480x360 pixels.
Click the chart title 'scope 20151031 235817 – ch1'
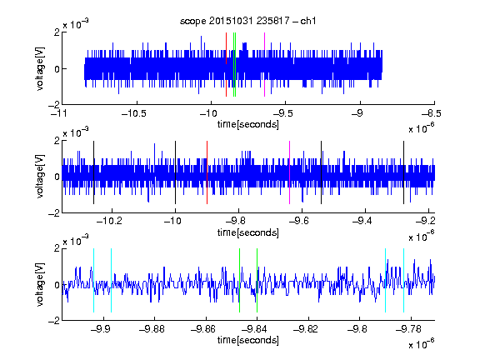click(x=248, y=21)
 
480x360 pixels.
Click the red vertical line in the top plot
click(x=226, y=65)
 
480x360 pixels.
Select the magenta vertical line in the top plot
click(x=264, y=65)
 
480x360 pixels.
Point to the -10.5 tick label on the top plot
click(x=134, y=113)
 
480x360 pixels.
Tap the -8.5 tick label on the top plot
click(x=432, y=113)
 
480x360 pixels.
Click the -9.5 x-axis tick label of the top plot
click(x=282, y=113)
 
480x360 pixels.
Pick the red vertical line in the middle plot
click(x=207, y=172)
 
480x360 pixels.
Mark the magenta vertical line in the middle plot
click(x=290, y=172)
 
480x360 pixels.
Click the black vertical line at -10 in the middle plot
click(x=175, y=172)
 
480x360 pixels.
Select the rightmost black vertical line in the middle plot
click(x=404, y=172)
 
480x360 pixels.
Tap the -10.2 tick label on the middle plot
click(x=109, y=221)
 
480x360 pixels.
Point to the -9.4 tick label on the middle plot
click(x=362, y=221)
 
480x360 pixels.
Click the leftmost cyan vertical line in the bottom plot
click(x=93, y=280)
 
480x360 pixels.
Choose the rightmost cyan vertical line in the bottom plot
click(x=404, y=280)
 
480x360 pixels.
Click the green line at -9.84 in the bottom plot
click(x=257, y=280)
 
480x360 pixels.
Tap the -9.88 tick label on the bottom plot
click(x=152, y=329)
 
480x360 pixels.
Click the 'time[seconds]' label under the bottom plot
click(x=248, y=340)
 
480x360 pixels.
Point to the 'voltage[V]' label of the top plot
click(x=40, y=68)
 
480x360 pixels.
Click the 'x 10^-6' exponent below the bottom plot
click(x=422, y=343)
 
